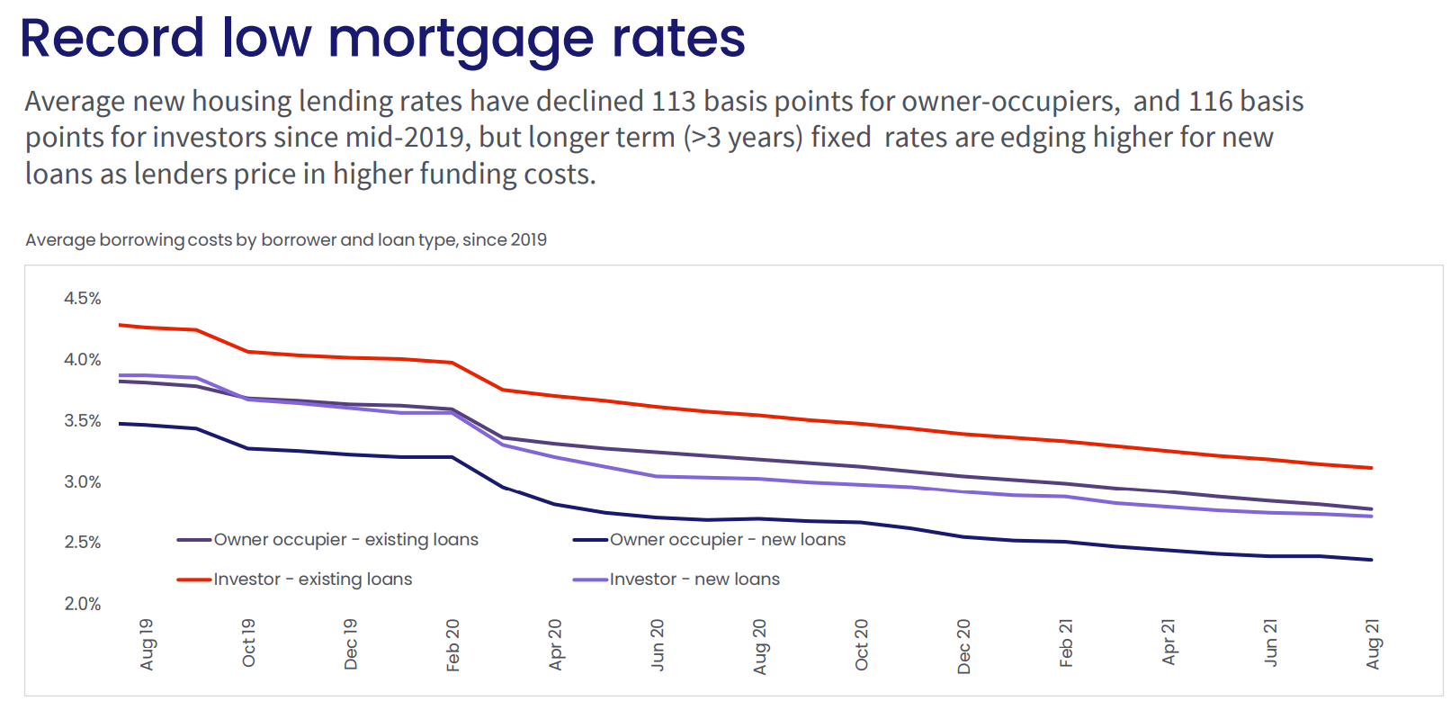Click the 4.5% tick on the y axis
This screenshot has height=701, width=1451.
82,299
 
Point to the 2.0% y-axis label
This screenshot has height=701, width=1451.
82,604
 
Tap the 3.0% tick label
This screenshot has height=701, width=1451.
82,482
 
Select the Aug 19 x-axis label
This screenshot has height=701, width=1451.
148,644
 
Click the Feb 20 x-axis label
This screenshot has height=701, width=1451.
453,644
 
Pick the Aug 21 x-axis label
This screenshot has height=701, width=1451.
1373,644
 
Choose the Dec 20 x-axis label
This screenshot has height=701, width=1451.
964,646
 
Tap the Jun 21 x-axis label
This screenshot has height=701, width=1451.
1271,643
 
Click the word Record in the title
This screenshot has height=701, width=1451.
112,39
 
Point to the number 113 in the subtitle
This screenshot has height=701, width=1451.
673,102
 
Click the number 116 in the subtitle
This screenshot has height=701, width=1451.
1210,102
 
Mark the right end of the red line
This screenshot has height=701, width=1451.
1371,468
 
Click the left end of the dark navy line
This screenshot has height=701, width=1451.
121,423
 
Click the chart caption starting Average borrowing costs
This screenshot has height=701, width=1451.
286,240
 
